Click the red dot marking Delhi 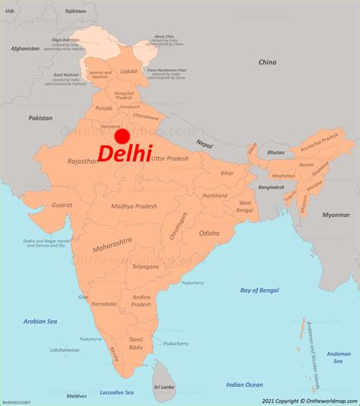(122, 136)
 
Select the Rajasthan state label (83, 161)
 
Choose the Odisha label (210, 234)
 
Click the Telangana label (145, 267)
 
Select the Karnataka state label (105, 304)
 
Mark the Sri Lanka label (165, 386)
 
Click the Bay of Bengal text (260, 290)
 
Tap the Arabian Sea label (40, 321)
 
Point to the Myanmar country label (336, 215)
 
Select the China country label (267, 62)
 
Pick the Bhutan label (276, 153)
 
